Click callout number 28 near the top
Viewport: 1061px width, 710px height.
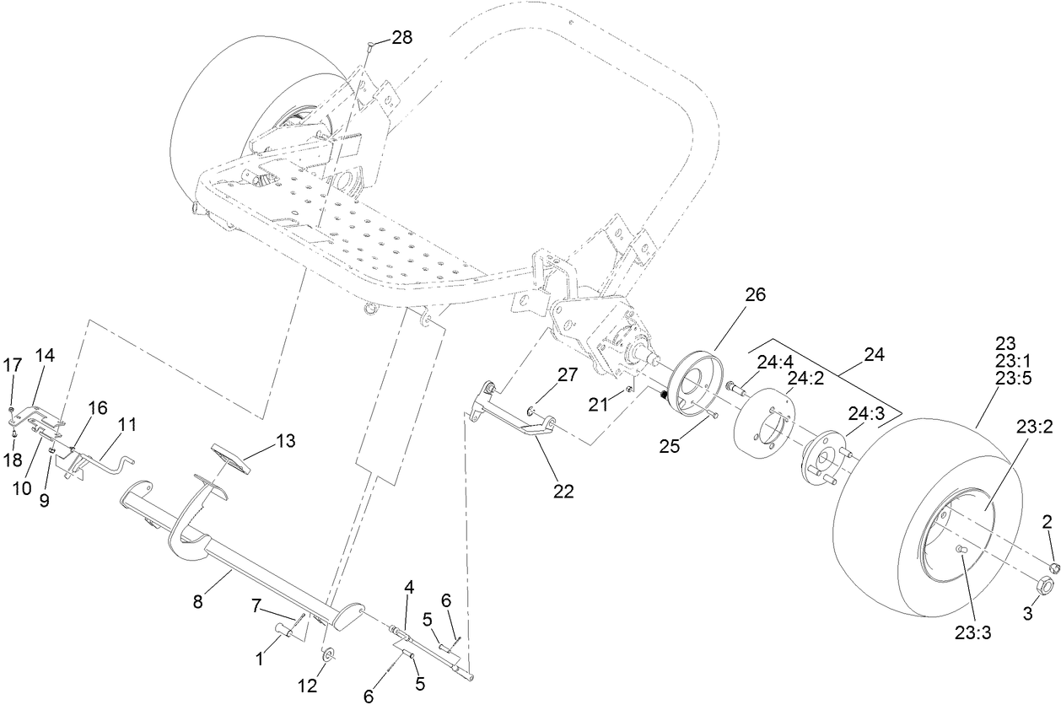(x=402, y=39)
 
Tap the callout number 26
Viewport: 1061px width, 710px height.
(x=754, y=295)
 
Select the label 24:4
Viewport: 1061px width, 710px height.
(x=774, y=362)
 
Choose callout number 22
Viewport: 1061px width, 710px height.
(x=563, y=492)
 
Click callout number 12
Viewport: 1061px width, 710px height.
(x=308, y=686)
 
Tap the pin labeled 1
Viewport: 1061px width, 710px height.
(x=285, y=628)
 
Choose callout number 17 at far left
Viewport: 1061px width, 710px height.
(x=12, y=366)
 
